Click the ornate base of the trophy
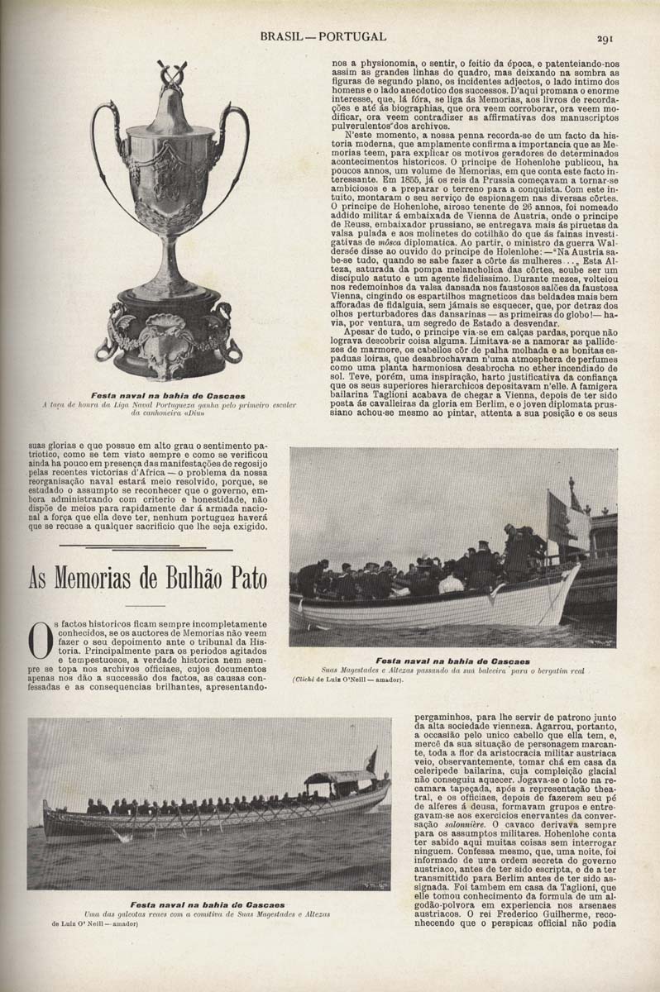coord(172,339)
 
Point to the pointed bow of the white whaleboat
coord(571,579)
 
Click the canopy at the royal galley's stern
coord(339,777)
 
